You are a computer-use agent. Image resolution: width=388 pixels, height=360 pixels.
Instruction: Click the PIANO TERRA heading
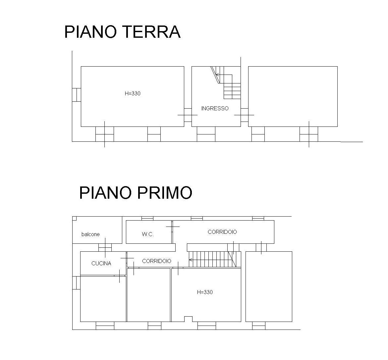[x=122, y=32]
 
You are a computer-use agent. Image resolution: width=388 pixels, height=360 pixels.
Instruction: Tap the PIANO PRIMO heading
[x=136, y=193]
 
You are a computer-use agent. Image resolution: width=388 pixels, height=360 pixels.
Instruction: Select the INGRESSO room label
[x=215, y=108]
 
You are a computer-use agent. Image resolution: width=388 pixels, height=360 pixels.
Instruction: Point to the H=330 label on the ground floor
[x=133, y=93]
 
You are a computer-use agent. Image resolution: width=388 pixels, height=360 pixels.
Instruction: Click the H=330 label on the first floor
[x=205, y=292]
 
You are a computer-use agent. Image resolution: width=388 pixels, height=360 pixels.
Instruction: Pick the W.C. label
[x=148, y=234]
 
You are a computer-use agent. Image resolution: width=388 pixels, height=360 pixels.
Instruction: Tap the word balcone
[x=90, y=234]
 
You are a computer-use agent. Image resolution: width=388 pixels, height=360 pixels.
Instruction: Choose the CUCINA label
[x=101, y=264]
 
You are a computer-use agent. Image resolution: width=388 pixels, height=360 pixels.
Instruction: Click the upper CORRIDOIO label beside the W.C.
[x=222, y=232]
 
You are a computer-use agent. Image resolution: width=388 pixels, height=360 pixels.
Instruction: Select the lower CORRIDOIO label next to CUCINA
[x=157, y=261]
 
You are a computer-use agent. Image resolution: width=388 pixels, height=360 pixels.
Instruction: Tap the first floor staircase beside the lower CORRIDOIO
[x=215, y=259]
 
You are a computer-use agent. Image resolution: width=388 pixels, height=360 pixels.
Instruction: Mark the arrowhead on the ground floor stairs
[x=217, y=74]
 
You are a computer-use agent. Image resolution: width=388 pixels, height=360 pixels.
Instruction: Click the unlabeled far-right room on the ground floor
[x=293, y=96]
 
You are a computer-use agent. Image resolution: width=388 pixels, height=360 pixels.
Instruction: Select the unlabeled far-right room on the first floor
[x=269, y=286]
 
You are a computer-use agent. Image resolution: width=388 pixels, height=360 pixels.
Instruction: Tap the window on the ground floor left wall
[x=77, y=95]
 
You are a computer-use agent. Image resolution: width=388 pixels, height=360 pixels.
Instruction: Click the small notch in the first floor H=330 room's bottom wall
[x=188, y=319]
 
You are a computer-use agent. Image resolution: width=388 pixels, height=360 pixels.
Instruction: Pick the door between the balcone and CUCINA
[x=105, y=247]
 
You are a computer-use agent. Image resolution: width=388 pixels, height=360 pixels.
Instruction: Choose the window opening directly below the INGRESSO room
[x=206, y=134]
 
